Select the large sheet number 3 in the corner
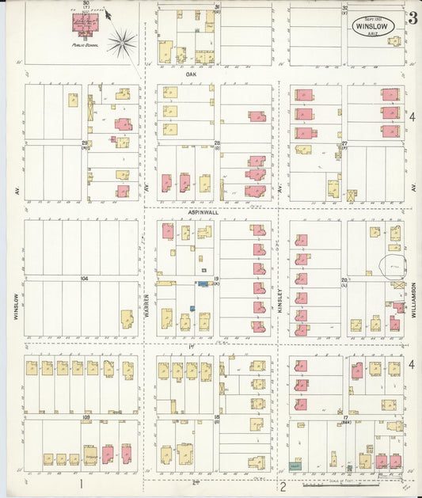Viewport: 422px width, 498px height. pos(412,19)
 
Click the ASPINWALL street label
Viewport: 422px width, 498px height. pos(202,212)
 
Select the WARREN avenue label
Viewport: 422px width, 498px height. pos(147,304)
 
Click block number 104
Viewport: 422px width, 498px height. pos(84,278)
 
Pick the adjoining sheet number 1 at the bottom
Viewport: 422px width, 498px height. pos(80,483)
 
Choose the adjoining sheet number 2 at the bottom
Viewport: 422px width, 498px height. pos(282,486)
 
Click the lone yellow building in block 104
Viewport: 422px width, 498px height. pos(127,318)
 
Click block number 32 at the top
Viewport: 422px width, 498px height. pos(345,7)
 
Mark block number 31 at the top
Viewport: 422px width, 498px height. pos(217,7)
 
